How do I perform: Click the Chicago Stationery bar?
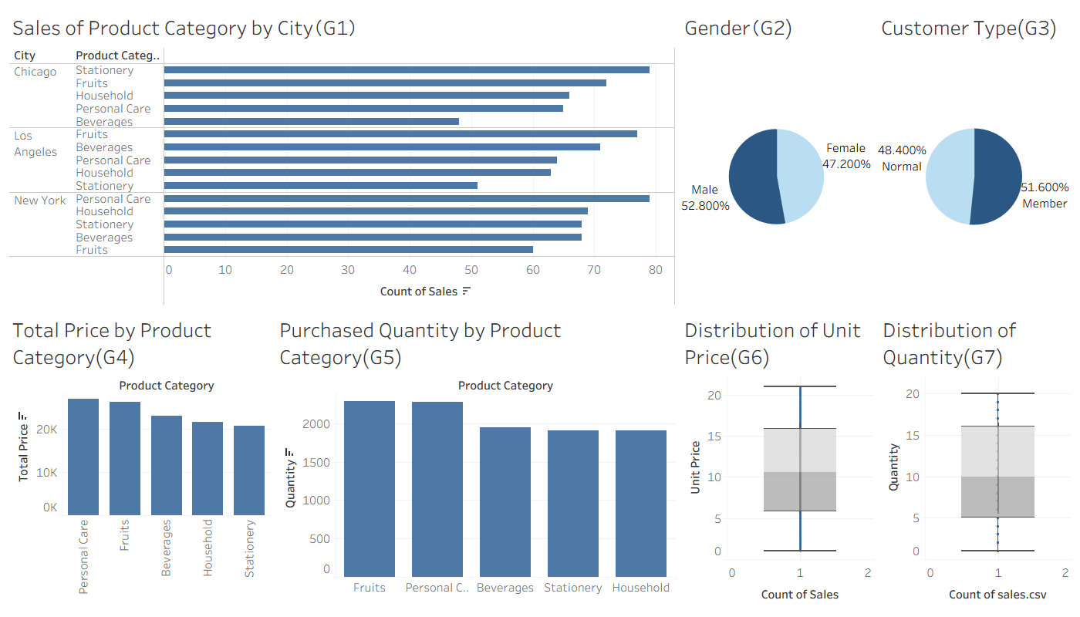point(407,70)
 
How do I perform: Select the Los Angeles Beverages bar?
point(382,147)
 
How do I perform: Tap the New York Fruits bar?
point(348,250)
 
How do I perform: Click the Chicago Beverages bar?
point(312,122)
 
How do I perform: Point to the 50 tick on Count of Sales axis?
point(471,270)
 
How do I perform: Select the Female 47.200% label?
point(846,156)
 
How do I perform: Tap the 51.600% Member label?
point(1045,195)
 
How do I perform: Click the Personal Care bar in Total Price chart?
point(83,457)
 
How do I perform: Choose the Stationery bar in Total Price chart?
point(248,470)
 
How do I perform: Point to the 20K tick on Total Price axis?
point(47,430)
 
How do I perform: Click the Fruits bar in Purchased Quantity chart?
point(370,489)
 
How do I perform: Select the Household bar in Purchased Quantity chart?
point(641,504)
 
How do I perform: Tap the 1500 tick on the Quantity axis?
point(316,463)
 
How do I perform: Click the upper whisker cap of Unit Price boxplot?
point(800,386)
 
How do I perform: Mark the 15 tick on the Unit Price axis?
point(714,437)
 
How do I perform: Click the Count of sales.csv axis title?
point(997,595)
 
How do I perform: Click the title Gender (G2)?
point(738,29)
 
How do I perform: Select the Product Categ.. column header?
point(117,56)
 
